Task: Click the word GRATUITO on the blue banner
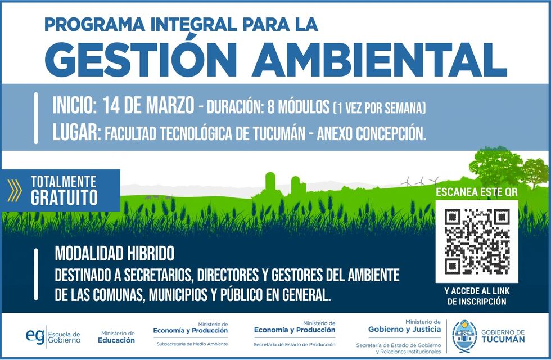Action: pos(64,198)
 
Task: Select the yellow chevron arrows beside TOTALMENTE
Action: pos(16,190)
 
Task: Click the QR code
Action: pos(477,241)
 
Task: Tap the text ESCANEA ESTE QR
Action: pos(477,192)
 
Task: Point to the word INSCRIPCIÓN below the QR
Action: pos(477,301)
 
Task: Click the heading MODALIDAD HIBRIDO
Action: pos(115,254)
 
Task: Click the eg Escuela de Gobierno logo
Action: pos(53,336)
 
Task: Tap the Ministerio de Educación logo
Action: pos(116,337)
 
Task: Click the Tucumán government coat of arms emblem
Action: pos(464,336)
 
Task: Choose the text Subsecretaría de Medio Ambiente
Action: pos(192,344)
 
